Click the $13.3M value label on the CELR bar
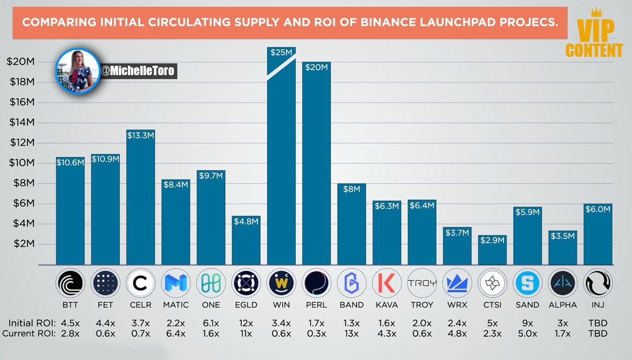pyautogui.click(x=140, y=135)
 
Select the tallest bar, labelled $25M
pyautogui.click(x=281, y=156)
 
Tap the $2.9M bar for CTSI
pyautogui.click(x=492, y=250)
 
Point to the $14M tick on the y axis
pyautogui.click(x=22, y=122)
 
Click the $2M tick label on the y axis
pyautogui.click(x=24, y=244)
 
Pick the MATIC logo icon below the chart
pyautogui.click(x=176, y=283)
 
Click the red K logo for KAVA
pyautogui.click(x=386, y=283)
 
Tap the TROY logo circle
pyautogui.click(x=422, y=283)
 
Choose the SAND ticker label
pyautogui.click(x=527, y=305)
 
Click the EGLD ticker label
pyautogui.click(x=246, y=305)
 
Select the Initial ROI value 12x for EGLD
pyautogui.click(x=246, y=323)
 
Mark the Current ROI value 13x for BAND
pyautogui.click(x=351, y=334)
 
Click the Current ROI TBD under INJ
pyautogui.click(x=598, y=334)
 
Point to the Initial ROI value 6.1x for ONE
pyautogui.click(x=211, y=323)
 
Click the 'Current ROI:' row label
pyautogui.click(x=29, y=334)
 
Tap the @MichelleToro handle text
pyautogui.click(x=138, y=71)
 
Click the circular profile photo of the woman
pyautogui.click(x=78, y=71)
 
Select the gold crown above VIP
pyautogui.click(x=596, y=12)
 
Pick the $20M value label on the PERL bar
pyautogui.click(x=316, y=67)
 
